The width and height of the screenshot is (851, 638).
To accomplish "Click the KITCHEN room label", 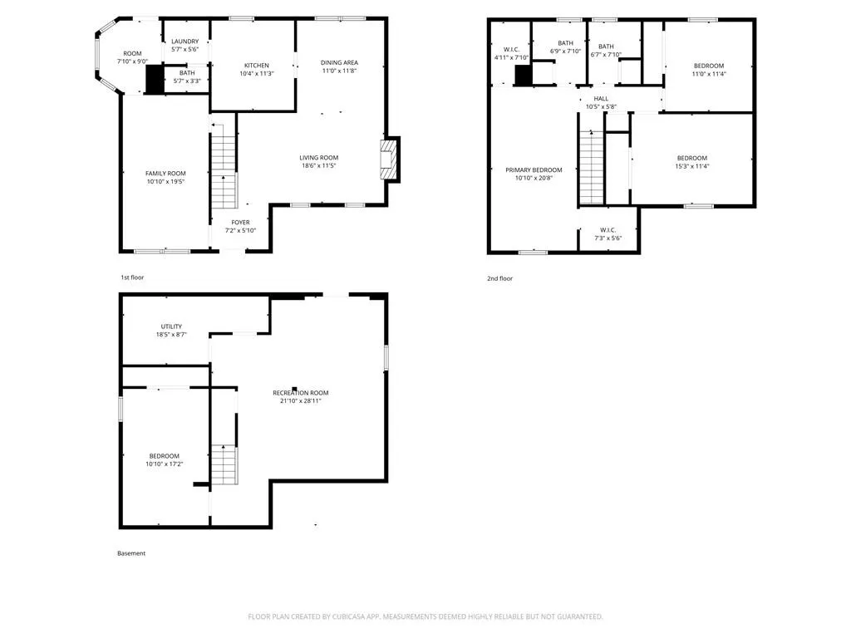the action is pyautogui.click(x=257, y=65).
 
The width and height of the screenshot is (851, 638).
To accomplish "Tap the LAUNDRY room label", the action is pyautogui.click(x=185, y=42).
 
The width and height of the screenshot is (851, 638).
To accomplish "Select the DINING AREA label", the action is pyautogui.click(x=339, y=62).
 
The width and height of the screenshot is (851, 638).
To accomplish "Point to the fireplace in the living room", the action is pyautogui.click(x=390, y=159).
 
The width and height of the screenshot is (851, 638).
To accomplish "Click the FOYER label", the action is pyautogui.click(x=240, y=223).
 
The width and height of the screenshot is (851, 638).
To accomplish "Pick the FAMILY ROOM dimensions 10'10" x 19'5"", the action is pyautogui.click(x=165, y=182).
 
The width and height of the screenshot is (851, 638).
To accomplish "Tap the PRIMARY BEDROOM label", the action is pyautogui.click(x=534, y=169).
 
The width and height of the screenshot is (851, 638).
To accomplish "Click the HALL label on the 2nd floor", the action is pyautogui.click(x=601, y=99).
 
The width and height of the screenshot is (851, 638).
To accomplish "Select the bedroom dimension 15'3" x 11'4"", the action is pyautogui.click(x=692, y=166).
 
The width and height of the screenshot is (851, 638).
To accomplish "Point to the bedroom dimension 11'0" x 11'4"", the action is pyautogui.click(x=709, y=74).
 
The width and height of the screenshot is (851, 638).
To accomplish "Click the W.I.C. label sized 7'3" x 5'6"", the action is pyautogui.click(x=608, y=230).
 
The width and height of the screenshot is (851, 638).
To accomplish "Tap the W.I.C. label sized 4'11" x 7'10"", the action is pyautogui.click(x=511, y=49).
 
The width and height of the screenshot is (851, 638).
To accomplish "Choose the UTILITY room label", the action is pyautogui.click(x=171, y=326).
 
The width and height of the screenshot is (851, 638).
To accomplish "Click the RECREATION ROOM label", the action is pyautogui.click(x=301, y=393).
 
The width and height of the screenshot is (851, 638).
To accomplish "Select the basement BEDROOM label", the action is pyautogui.click(x=165, y=456).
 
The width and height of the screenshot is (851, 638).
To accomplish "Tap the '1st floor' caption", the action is pyautogui.click(x=132, y=277).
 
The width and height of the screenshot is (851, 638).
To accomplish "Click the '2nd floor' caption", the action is pyautogui.click(x=499, y=278).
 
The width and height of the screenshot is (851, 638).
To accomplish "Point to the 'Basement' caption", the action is pyautogui.click(x=131, y=553).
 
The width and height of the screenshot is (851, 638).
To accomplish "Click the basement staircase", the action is pyautogui.click(x=224, y=464).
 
